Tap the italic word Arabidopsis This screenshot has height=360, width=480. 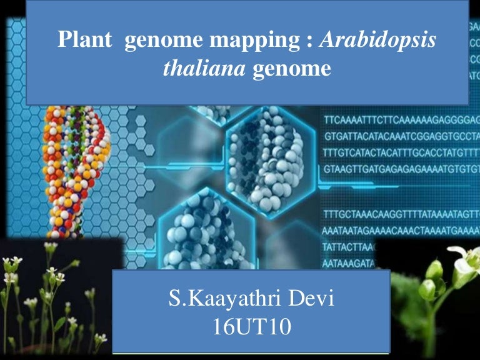click(x=378, y=41)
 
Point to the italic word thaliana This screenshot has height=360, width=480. click(x=204, y=67)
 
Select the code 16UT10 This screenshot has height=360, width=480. click(x=251, y=326)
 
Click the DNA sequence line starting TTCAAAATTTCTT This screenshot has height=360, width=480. click(x=400, y=119)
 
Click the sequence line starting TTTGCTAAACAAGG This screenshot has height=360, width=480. click(x=400, y=216)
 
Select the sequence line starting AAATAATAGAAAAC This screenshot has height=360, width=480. click(x=400, y=231)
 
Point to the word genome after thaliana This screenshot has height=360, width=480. click(x=291, y=67)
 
